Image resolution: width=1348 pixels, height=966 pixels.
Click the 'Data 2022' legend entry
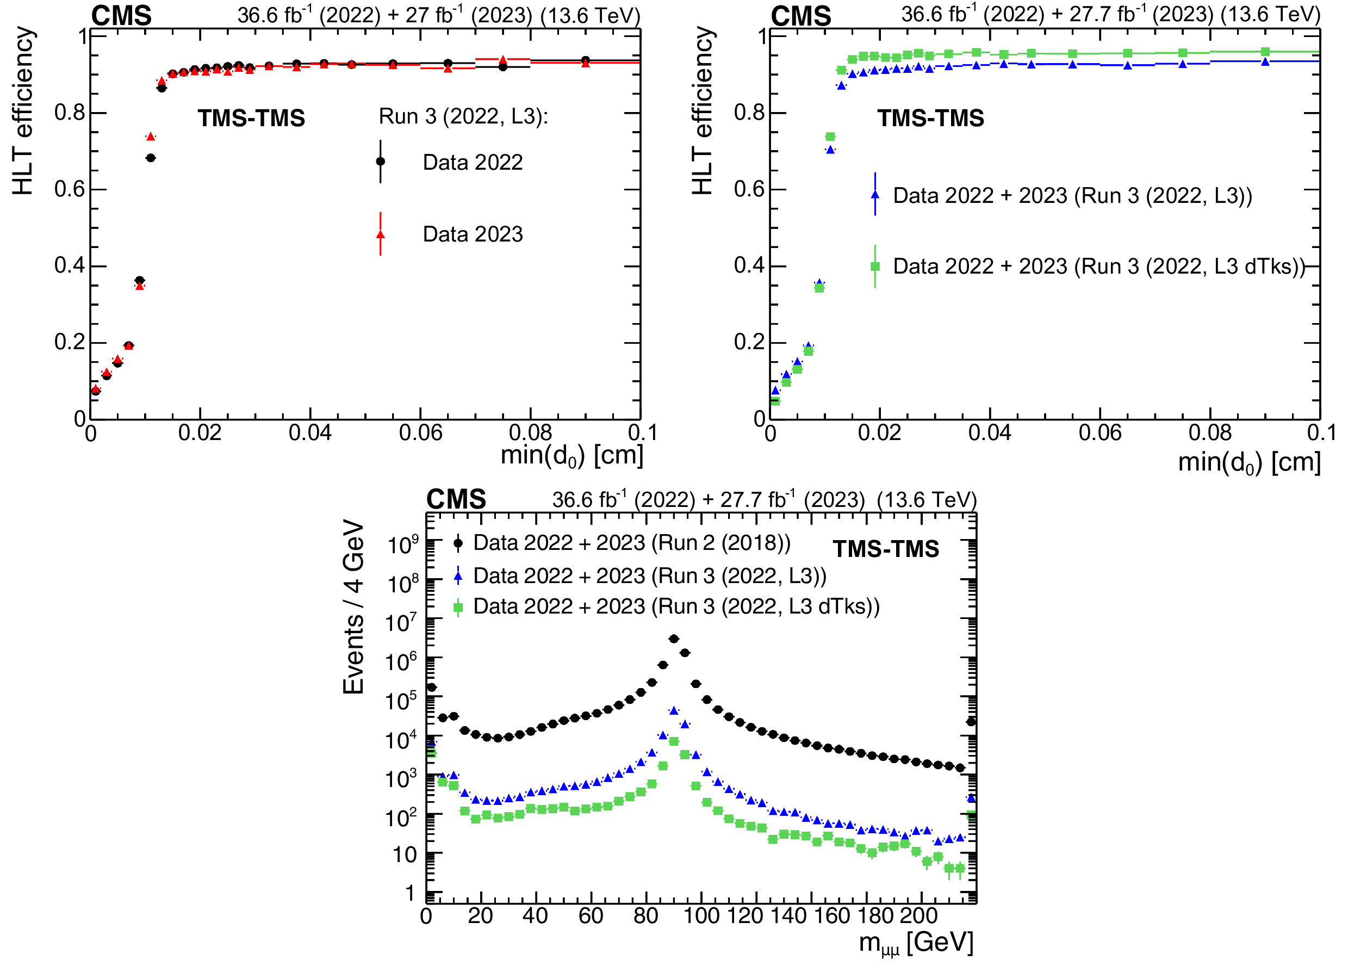pos(472,162)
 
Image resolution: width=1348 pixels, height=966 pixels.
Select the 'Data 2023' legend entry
pos(472,234)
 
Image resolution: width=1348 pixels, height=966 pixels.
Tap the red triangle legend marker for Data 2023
pos(381,235)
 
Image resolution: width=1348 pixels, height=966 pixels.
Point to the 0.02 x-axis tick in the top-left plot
pos(200,433)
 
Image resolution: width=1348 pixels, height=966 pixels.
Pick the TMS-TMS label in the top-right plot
pos(930,118)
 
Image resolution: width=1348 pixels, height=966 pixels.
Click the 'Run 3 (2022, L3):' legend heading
pos(463,116)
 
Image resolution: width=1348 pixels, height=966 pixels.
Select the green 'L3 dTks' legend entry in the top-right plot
pos(1098,267)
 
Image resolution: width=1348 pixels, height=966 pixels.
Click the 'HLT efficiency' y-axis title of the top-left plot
pos(23,111)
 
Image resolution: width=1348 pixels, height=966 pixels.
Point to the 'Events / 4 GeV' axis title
pos(353,606)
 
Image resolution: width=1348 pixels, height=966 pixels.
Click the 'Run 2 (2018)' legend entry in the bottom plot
pos(631,543)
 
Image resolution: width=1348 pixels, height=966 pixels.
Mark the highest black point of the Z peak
pos(673,639)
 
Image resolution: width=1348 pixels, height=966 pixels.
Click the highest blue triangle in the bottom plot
pos(673,710)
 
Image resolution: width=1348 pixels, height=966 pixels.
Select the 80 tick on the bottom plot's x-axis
pos(645,916)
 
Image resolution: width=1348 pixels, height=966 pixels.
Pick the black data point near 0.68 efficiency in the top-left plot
pos(151,158)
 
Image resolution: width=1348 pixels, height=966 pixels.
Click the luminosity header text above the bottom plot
pos(764,499)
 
